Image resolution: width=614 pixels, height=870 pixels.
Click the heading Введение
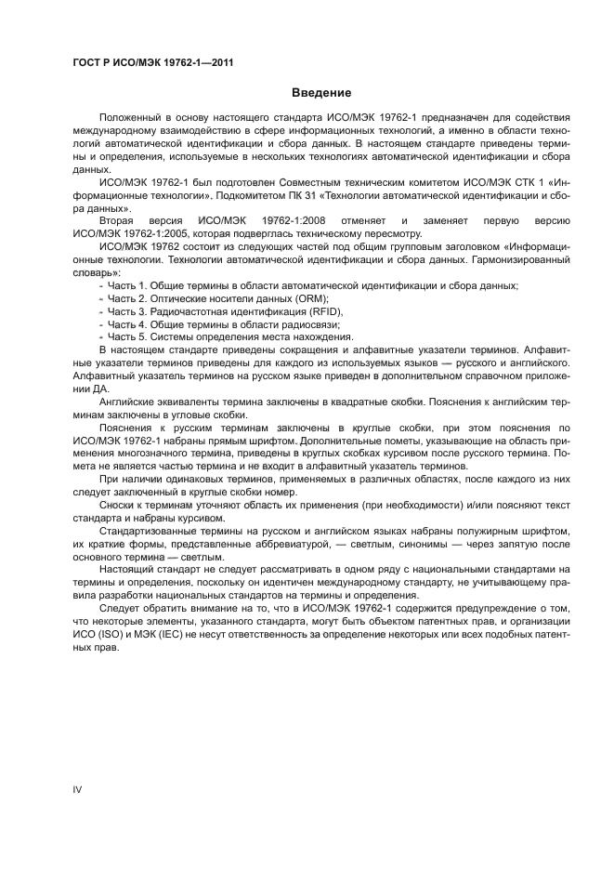(x=321, y=93)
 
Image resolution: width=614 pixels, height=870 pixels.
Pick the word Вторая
(x=117, y=220)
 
